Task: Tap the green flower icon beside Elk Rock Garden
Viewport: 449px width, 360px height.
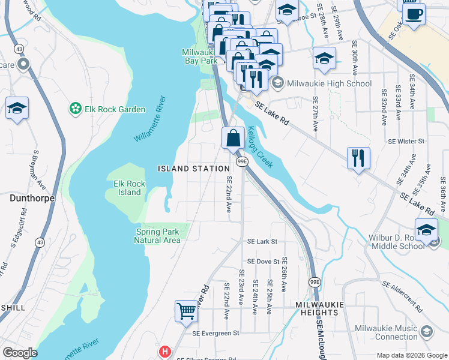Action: [76, 109]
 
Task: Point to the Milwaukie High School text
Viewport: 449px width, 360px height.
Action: [330, 83]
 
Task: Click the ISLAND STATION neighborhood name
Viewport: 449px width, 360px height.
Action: [194, 169]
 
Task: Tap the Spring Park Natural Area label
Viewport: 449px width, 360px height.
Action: [157, 236]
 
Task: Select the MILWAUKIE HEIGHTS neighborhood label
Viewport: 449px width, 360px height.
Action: [320, 308]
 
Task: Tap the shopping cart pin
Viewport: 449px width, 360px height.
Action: [186, 311]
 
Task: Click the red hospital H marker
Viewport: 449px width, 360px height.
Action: [163, 351]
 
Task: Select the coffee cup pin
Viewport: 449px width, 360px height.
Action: [414, 14]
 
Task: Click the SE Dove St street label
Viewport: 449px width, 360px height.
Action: [264, 262]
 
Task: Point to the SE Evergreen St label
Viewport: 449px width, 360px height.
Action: [215, 333]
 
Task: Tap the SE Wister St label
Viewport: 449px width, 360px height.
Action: [406, 141]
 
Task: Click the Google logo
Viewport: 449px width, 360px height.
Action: [20, 353]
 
